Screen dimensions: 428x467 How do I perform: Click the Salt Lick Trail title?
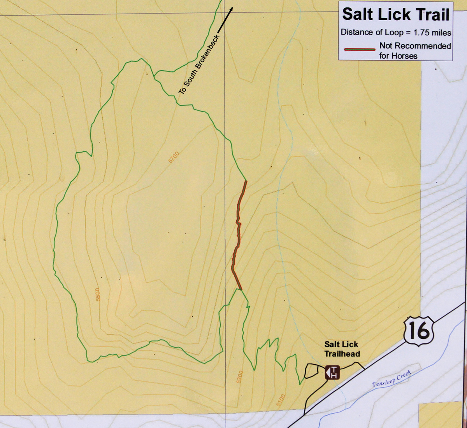pyautogui.click(x=396, y=15)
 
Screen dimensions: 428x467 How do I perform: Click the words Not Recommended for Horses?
pyautogui.click(x=415, y=50)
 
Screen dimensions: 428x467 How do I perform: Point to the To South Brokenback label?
pyautogui.click(x=199, y=64)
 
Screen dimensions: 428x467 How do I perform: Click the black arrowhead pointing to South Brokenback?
pyautogui.click(x=231, y=10)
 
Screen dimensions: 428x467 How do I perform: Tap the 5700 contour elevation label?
pyautogui.click(x=174, y=157)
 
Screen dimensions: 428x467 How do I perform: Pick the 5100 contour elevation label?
pyautogui.click(x=281, y=400)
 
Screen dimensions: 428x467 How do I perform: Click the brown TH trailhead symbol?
pyautogui.click(x=332, y=372)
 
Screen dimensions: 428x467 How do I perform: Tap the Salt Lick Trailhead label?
pyautogui.click(x=342, y=349)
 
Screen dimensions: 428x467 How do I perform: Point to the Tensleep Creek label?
pyautogui.click(x=392, y=379)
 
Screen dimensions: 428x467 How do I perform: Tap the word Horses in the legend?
pyautogui.click(x=405, y=56)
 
